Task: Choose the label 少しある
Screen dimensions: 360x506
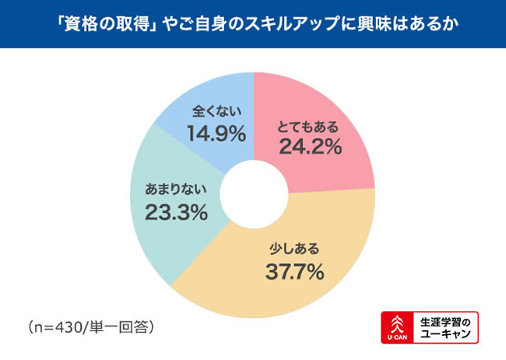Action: (x=293, y=250)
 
